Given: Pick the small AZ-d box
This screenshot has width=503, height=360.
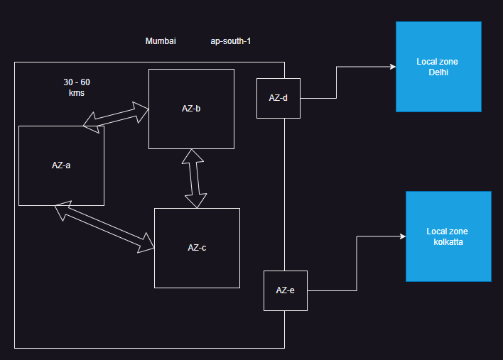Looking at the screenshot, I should pos(278,98).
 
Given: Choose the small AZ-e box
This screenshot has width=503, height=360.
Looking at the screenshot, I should pos(285,290).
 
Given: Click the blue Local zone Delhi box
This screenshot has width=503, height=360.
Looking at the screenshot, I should pos(438,67).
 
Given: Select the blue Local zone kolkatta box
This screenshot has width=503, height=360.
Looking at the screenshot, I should pos(448,236).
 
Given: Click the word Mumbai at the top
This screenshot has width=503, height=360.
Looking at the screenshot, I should pos(161,41).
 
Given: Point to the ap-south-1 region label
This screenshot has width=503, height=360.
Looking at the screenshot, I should pos(230,41).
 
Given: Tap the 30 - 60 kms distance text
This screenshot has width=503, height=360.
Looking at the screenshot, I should pos(77,87).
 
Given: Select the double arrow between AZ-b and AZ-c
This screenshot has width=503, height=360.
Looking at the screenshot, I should pos(193,178).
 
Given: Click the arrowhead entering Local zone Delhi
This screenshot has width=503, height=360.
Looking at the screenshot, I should pos(391,67).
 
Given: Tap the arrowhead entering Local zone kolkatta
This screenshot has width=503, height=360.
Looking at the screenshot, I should pos(401,236).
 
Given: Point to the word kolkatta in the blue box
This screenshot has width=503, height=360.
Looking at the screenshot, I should pos(448,242).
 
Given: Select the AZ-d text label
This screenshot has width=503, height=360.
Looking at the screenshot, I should pos(278,98).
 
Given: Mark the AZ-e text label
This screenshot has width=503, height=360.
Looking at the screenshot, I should pos(285,290).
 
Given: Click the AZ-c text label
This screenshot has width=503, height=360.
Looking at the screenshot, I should pos(197,248).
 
